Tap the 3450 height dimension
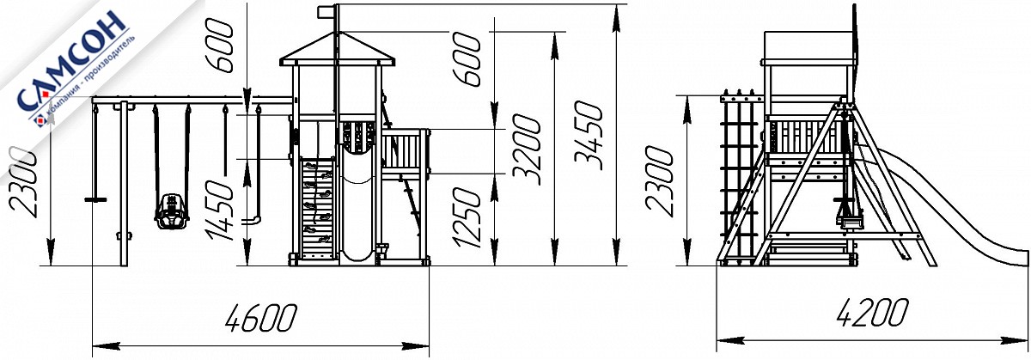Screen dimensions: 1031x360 click(x=589, y=136)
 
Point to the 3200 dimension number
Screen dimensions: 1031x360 click(x=526, y=149)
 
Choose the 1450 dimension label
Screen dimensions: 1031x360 click(x=219, y=211)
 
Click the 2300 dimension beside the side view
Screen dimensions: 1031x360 click(x=659, y=180)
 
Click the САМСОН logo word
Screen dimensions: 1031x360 click(x=71, y=60)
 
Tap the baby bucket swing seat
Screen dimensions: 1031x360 click(x=171, y=211)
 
